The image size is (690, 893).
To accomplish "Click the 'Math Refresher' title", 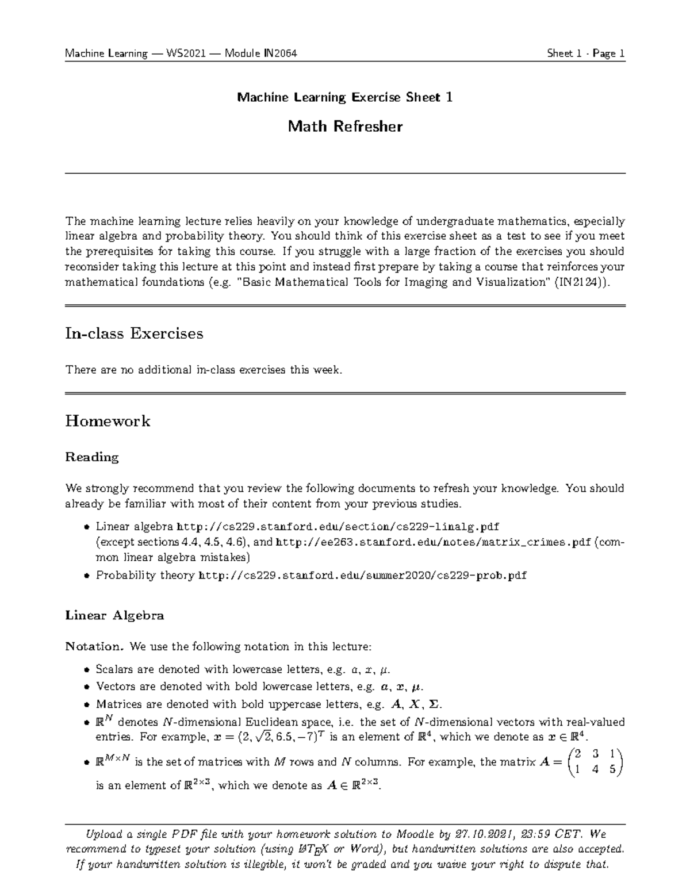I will (345, 127).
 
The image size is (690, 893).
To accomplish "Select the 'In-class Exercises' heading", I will (134, 334).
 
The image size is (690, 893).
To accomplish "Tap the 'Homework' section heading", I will (108, 421).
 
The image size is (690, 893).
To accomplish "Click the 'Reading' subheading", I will (92, 457).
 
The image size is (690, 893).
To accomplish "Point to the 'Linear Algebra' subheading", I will (114, 615).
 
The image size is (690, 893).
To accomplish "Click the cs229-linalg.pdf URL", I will (338, 527).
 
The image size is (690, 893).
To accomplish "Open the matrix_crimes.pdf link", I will (434, 542).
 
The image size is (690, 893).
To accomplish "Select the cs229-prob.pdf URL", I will (362, 575).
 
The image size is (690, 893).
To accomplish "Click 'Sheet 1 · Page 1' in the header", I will (585, 53).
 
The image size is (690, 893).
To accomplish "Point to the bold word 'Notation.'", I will (95, 646).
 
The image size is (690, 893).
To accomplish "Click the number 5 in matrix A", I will (612, 769).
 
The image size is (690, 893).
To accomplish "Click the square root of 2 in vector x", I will (263, 737).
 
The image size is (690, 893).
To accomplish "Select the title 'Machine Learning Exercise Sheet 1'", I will (345, 97).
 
